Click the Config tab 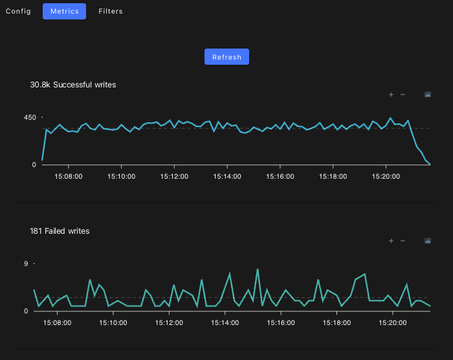[18, 11]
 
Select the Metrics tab [64, 11]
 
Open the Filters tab [111, 11]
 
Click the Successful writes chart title [73, 84]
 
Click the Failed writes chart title [60, 231]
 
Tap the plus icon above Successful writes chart [391, 95]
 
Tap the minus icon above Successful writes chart [403, 95]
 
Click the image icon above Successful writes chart [428, 95]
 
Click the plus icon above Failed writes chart [391, 241]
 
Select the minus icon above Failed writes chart [403, 241]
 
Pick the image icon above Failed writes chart [428, 241]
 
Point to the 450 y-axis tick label [30, 117]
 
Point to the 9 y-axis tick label [26, 264]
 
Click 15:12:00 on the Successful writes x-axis [175, 176]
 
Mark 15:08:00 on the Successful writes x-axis [69, 176]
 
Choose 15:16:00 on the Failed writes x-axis [280, 322]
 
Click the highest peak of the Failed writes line [258, 269]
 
